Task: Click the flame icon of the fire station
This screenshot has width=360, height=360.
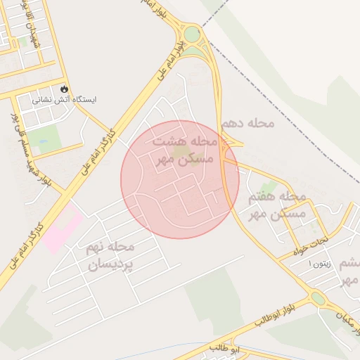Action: tap(65, 89)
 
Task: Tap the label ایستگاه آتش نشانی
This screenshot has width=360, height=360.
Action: tap(65, 101)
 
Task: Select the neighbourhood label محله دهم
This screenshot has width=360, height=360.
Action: tap(247, 124)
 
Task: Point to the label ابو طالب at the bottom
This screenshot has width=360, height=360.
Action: tap(225, 348)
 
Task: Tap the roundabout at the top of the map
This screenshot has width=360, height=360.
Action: tap(191, 34)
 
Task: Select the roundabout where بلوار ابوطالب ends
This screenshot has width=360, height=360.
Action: tap(318, 299)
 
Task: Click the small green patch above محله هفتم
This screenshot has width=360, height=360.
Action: tap(269, 186)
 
